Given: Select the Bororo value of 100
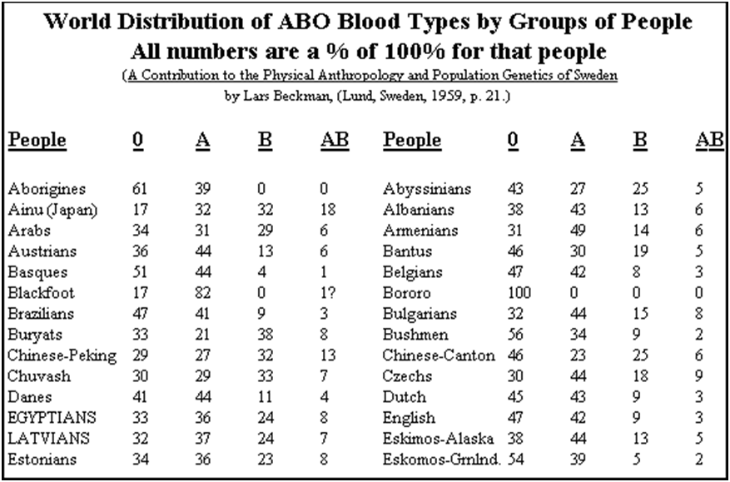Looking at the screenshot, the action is coord(519,293).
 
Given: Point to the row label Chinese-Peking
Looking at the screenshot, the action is coord(62,355).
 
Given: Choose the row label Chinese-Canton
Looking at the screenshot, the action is coord(439,355).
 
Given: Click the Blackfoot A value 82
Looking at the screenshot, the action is coord(203,293).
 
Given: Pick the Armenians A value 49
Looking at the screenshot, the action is coord(579,231).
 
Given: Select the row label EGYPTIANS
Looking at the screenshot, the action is coord(52,417).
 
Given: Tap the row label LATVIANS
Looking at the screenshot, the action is coord(48,438).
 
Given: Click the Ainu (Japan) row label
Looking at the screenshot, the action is coord(52,210).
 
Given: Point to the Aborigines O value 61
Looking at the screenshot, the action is coord(140,189).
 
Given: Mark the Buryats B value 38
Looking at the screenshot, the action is coord(266,335).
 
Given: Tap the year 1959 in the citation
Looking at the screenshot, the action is coord(443,97).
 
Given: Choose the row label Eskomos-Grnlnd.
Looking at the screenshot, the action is coord(442,460).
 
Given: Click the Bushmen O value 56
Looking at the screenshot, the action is coord(516,335).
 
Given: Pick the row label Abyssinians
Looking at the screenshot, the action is coord(427,189).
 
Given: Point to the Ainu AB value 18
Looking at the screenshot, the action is coord(328,210).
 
